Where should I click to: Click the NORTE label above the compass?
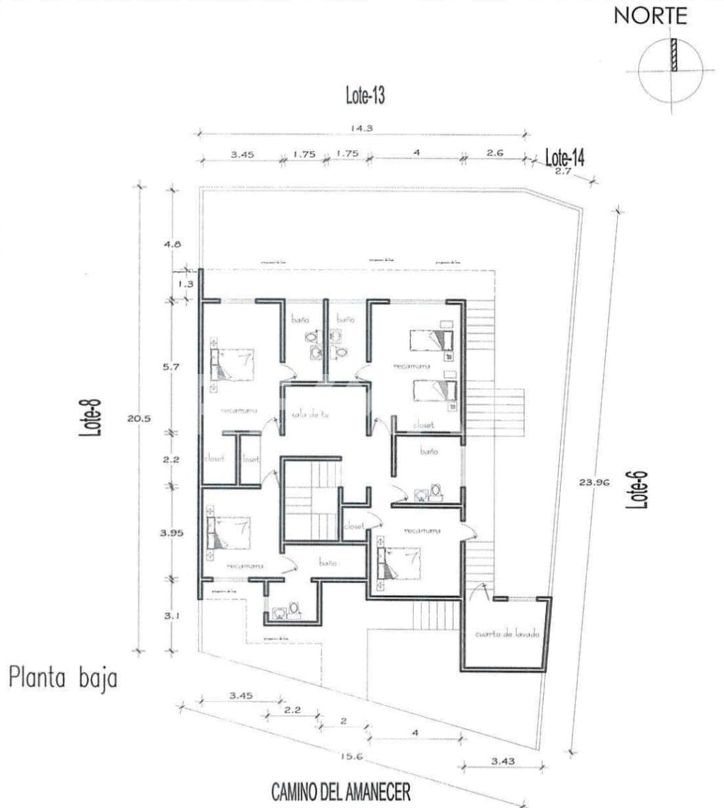point(650,17)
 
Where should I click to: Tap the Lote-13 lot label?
point(365,96)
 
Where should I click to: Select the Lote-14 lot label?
point(564,157)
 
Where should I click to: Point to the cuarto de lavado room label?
point(507,633)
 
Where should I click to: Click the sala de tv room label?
point(307,413)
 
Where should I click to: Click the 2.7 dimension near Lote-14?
point(563,172)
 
